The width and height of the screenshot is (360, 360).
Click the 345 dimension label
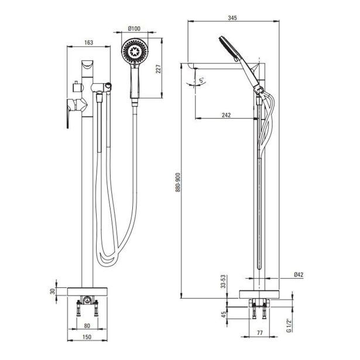(x=232, y=18)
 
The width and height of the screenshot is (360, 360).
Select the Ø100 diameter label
(x=134, y=29)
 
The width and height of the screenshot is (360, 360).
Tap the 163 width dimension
(x=88, y=43)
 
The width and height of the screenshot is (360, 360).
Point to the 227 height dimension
(x=159, y=69)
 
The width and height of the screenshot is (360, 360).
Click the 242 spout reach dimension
(x=226, y=115)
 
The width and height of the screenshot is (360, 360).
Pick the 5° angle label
(x=202, y=80)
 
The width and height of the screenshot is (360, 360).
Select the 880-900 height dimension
(x=179, y=182)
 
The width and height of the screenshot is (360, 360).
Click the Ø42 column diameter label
(x=299, y=275)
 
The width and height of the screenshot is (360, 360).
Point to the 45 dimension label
(x=224, y=314)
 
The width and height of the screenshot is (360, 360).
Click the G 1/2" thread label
(x=289, y=325)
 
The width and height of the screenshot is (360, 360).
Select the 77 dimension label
(x=260, y=332)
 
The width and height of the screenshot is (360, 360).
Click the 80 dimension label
(x=87, y=325)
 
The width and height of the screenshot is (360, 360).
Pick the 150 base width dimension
(x=87, y=337)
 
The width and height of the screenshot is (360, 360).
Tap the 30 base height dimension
(x=53, y=292)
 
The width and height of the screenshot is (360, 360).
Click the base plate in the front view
(x=87, y=292)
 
